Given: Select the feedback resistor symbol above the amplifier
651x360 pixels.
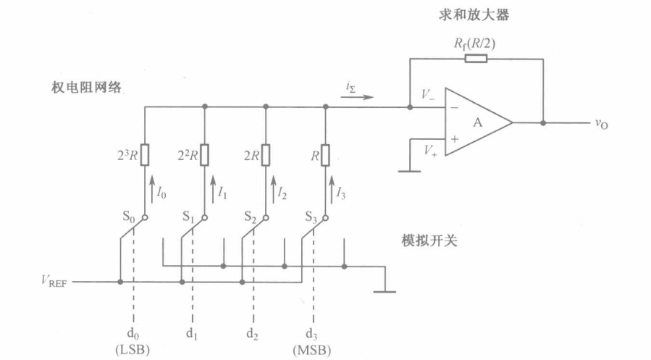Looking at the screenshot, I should point(475,59).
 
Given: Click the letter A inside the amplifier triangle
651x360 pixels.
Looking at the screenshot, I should point(479,122).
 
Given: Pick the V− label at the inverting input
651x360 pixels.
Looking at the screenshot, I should point(429,95).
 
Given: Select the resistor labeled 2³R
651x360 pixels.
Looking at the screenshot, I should point(146,155).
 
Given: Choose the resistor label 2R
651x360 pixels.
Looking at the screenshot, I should point(251,154).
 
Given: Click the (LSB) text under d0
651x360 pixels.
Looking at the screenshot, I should point(132,351).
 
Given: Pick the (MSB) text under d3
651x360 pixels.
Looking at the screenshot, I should point(313,351).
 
